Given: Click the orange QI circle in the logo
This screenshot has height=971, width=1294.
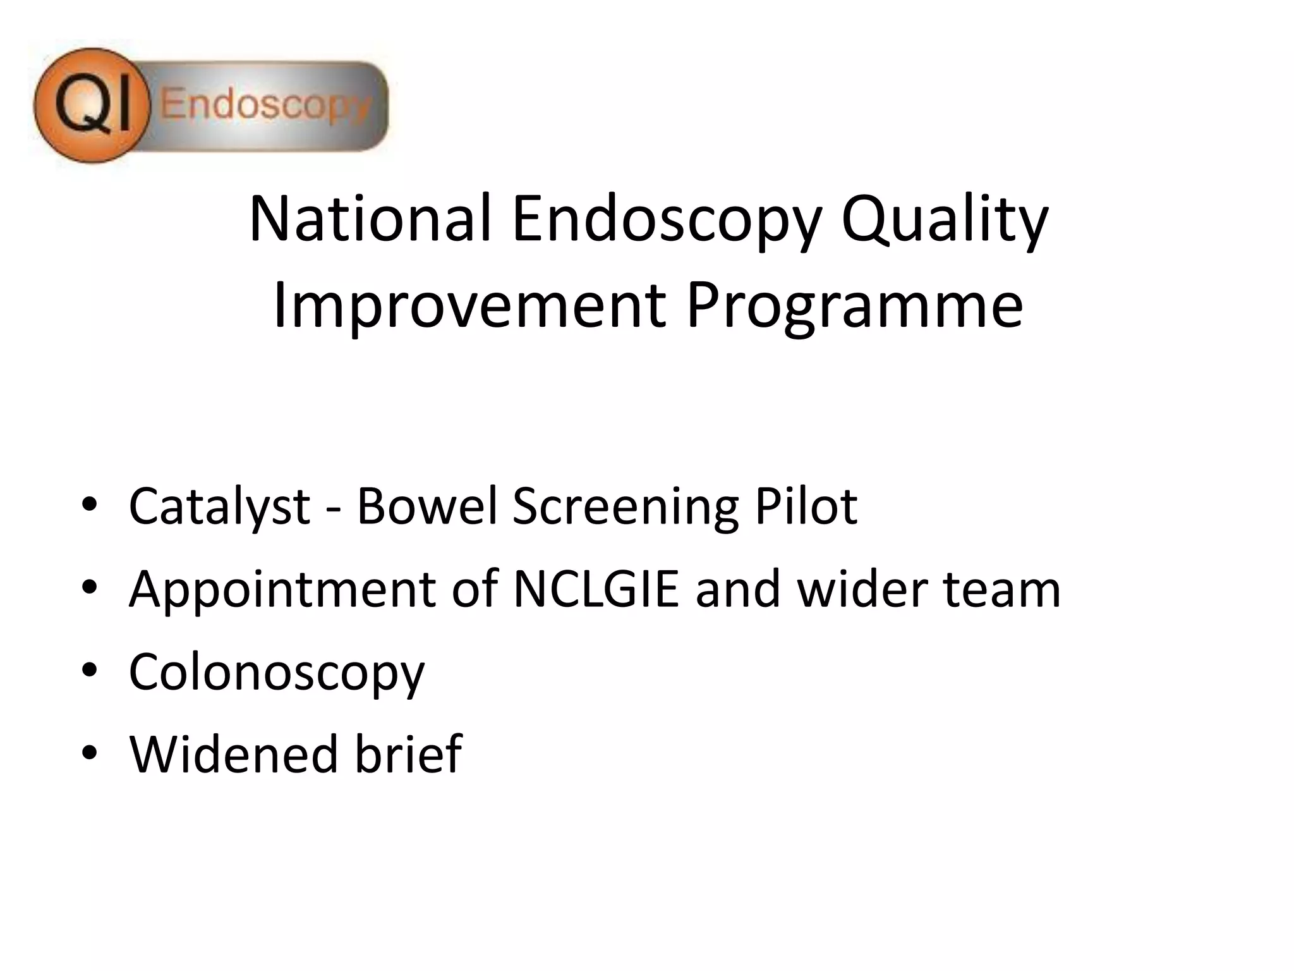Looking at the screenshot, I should pyautogui.click(x=92, y=105).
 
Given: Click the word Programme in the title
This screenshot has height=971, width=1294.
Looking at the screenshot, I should pyautogui.click(x=854, y=307).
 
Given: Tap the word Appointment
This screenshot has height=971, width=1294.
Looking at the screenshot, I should pyautogui.click(x=282, y=589).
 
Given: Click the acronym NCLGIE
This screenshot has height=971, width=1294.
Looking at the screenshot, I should pyautogui.click(x=596, y=589).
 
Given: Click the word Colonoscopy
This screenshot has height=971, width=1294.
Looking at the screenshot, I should pyautogui.click(x=277, y=673).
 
